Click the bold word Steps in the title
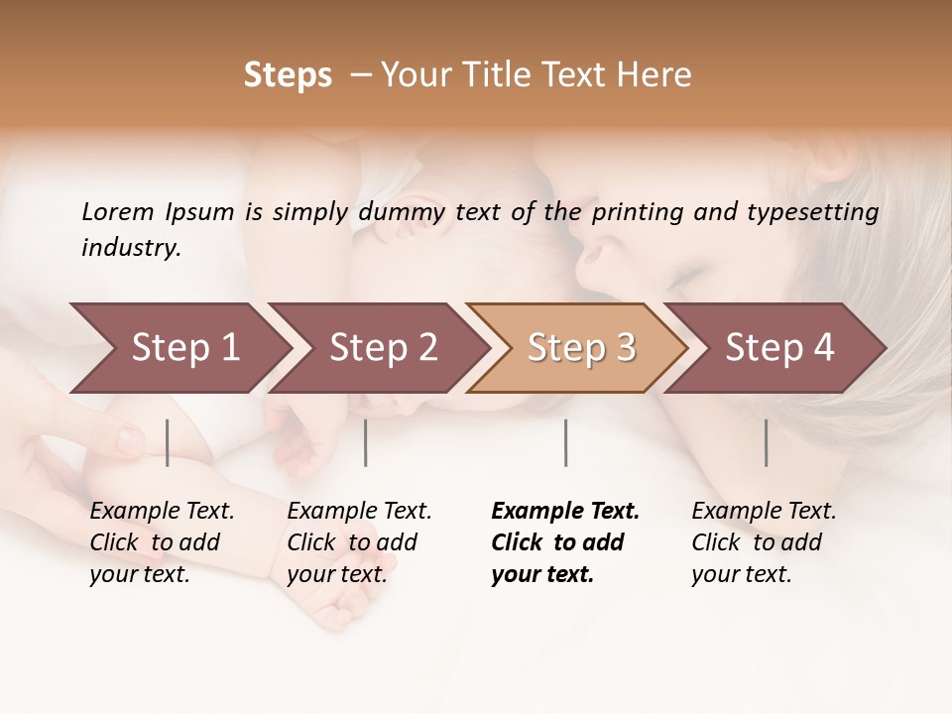point(288,74)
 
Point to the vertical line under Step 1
point(168,442)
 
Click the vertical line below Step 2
point(366,442)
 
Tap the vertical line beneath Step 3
point(565,442)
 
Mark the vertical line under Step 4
point(766,442)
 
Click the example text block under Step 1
point(162,542)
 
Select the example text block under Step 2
point(359,542)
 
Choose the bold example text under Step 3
point(565,542)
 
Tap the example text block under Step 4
point(764,542)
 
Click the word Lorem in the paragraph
point(117,211)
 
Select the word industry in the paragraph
point(130,247)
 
